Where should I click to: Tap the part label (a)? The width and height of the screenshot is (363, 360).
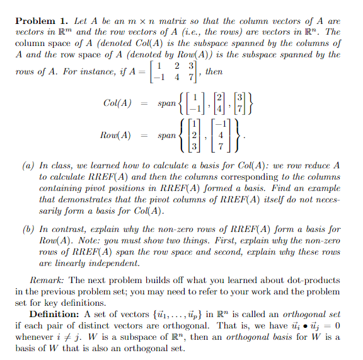[x=28, y=165]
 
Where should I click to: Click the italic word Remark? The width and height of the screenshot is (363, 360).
[x=46, y=279]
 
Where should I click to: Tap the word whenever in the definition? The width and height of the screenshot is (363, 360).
[x=36, y=337]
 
